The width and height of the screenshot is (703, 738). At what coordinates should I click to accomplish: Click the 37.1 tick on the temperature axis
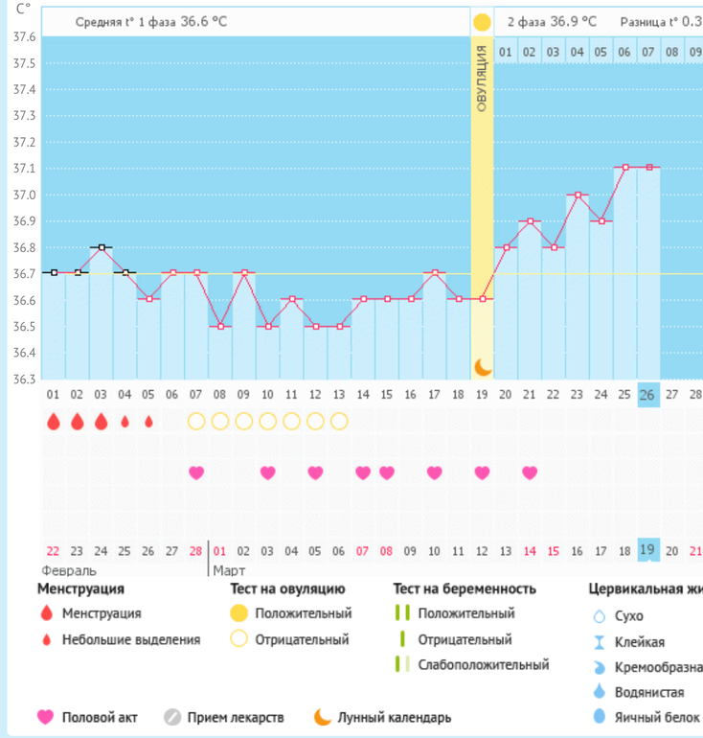(x=24, y=169)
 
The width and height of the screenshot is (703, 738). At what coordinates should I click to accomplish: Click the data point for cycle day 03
(x=102, y=247)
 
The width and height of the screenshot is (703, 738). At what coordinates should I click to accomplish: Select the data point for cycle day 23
(x=577, y=195)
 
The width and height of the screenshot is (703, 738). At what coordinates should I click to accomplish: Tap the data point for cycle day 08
(x=220, y=326)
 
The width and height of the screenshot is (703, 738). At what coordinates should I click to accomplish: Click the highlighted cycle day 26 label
(x=647, y=395)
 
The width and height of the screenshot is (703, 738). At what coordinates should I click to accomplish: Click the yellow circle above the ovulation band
(x=482, y=21)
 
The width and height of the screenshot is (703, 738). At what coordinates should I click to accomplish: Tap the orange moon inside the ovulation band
(x=482, y=366)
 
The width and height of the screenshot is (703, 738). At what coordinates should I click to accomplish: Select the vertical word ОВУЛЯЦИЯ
(x=482, y=77)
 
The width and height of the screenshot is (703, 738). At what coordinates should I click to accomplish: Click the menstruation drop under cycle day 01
(x=54, y=421)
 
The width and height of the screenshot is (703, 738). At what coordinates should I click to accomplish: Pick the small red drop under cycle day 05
(x=148, y=421)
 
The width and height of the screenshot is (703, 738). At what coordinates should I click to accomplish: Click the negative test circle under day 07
(x=196, y=421)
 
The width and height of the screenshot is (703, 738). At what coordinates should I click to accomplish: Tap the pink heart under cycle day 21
(x=529, y=473)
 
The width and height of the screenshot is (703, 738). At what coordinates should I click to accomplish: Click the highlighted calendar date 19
(x=647, y=550)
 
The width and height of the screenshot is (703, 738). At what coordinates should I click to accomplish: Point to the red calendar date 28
(x=196, y=551)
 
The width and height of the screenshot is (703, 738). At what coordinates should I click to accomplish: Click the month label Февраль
(x=68, y=569)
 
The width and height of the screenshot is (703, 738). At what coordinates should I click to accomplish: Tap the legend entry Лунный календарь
(x=393, y=717)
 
